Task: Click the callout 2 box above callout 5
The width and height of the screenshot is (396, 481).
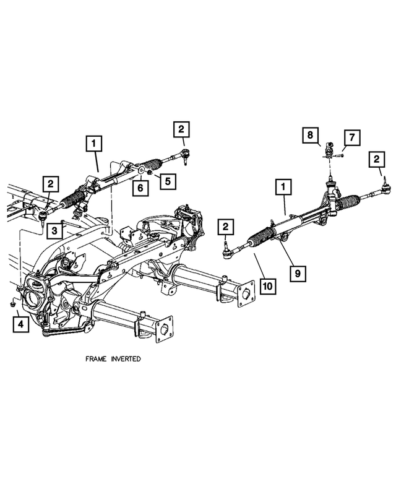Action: click(x=181, y=129)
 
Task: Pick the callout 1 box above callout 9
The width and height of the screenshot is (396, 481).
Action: click(x=283, y=187)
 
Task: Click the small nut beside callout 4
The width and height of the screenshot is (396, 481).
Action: click(x=13, y=304)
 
